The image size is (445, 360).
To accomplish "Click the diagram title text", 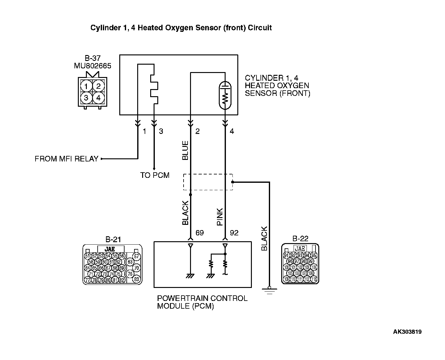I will pyautogui.click(x=181, y=28).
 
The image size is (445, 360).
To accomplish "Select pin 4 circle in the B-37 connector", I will pyautogui.click(x=98, y=98).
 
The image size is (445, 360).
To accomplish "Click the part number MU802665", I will pyautogui.click(x=92, y=66).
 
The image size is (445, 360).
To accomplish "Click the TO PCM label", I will pyautogui.click(x=155, y=175).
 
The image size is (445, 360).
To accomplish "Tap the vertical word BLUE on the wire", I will pyautogui.click(x=185, y=150).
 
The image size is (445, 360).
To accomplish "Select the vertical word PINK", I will pyautogui.click(x=220, y=216).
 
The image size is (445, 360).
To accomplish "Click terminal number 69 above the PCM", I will pyautogui.click(x=200, y=233).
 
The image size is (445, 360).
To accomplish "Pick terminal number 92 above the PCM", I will pyautogui.click(x=234, y=233).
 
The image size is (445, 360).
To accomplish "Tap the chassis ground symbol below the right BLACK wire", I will pyautogui.click(x=269, y=290).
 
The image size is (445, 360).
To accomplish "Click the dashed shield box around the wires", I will pyautogui.click(x=208, y=182).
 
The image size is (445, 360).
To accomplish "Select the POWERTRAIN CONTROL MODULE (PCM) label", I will pyautogui.click(x=202, y=302).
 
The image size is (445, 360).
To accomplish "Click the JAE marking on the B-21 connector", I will pyautogui.click(x=111, y=249).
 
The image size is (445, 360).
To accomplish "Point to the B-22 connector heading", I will pyautogui.click(x=300, y=238).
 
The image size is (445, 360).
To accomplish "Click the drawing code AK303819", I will pyautogui.click(x=407, y=332).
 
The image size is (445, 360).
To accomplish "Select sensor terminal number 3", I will pyautogui.click(x=161, y=131).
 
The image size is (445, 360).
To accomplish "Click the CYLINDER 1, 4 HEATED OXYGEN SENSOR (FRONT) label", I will pyautogui.click(x=277, y=86).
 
